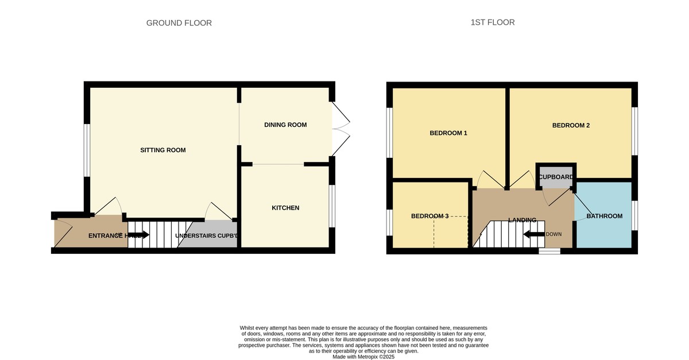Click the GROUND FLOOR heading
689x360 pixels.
click(179, 23)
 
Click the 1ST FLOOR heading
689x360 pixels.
click(492, 22)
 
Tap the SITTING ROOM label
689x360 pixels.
click(163, 150)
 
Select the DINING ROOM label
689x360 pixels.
click(285, 125)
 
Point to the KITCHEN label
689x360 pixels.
click(285, 208)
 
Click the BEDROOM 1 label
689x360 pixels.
click(448, 133)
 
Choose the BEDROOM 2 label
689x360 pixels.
click(571, 125)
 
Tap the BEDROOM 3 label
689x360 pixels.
click(429, 216)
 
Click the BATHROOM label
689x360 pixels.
click(604, 216)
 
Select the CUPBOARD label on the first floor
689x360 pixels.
click(556, 177)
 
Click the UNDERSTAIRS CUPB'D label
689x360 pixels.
click(206, 236)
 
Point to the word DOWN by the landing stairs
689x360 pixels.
click(553, 234)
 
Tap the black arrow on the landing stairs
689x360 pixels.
click(533, 234)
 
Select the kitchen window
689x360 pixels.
click(331, 206)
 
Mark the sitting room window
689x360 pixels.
click(87, 150)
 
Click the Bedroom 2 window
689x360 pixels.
click(634, 130)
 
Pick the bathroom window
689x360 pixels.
click(634, 215)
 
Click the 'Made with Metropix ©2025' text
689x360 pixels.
click(364, 357)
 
